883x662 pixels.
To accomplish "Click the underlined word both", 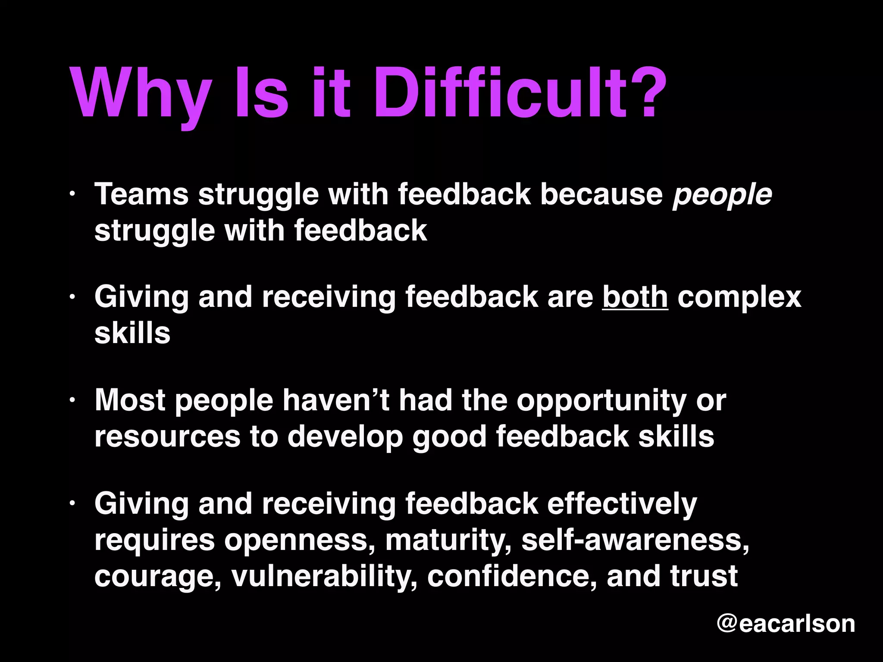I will [635, 297].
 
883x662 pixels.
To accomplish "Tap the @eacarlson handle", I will [786, 623].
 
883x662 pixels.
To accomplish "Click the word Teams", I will [141, 194].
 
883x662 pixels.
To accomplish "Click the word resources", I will [167, 436].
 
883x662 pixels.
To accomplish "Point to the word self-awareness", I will [635, 540].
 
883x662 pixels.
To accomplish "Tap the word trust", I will [704, 575].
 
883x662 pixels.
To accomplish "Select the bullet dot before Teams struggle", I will [73, 194].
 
